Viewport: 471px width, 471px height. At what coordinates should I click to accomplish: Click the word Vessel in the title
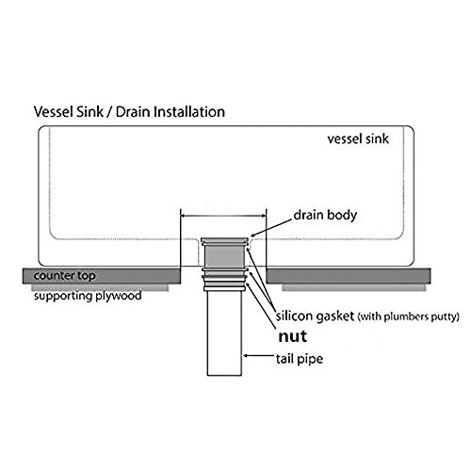pos(53,112)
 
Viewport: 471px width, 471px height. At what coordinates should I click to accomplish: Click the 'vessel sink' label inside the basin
pos(358,138)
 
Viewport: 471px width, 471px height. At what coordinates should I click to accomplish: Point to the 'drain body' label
pos(325,216)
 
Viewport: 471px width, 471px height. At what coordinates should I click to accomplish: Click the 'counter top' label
pos(64,276)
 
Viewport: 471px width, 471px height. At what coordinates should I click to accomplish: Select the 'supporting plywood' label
pos(88,296)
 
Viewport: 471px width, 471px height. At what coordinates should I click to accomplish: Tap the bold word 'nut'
pos(293,336)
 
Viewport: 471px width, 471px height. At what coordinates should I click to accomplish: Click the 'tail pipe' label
pos(300,359)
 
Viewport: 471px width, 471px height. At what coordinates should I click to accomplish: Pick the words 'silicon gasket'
pos(315,317)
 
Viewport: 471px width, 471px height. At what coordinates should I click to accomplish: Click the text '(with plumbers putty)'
pos(408,317)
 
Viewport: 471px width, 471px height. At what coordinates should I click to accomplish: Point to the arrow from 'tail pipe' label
pos(258,356)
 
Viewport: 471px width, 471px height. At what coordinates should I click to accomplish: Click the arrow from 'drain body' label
pos(271,228)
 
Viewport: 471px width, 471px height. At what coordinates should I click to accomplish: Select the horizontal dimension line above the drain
pos(223,216)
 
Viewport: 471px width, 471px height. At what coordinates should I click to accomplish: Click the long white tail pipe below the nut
pos(224,333)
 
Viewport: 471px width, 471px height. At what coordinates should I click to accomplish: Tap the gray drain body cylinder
pos(224,257)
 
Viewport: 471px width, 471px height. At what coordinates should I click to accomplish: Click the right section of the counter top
pos(349,276)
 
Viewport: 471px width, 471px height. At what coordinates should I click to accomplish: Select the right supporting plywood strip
pos(354,287)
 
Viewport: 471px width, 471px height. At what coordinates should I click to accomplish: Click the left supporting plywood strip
pos(100,287)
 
